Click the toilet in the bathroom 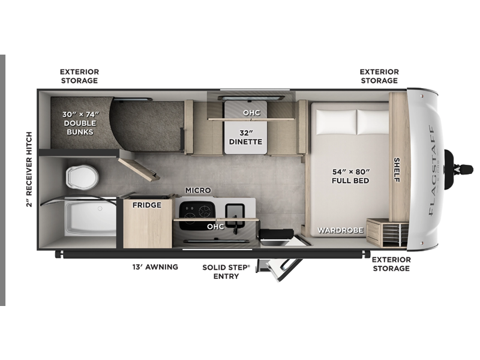pyautogui.click(x=82, y=177)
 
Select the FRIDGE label pyautogui.click(x=147, y=205)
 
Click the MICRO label pyautogui.click(x=198, y=190)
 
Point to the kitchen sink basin pyautogui.click(x=235, y=212)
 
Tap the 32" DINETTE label pyautogui.click(x=245, y=137)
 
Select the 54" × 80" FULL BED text pyautogui.click(x=350, y=176)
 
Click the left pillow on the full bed pyautogui.click(x=337, y=122)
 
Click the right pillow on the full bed pyautogui.click(x=373, y=122)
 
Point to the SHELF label pyautogui.click(x=397, y=170)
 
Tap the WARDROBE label pyautogui.click(x=340, y=230)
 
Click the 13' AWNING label pyautogui.click(x=155, y=267)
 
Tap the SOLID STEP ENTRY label pyautogui.click(x=226, y=272)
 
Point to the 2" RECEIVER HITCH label pyautogui.click(x=29, y=169)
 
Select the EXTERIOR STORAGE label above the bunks pyautogui.click(x=79, y=76)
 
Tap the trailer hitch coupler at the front pyautogui.click(x=458, y=169)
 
